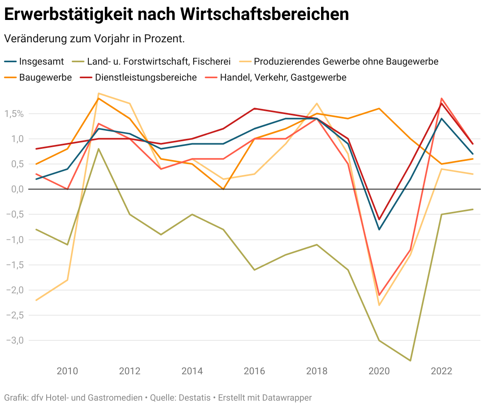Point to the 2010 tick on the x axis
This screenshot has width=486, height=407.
pyautogui.click(x=67, y=371)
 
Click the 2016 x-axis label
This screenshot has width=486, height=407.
pyautogui.click(x=254, y=371)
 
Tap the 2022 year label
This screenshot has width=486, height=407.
pyautogui.click(x=441, y=371)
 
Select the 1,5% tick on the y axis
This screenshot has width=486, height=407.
pyautogui.click(x=14, y=114)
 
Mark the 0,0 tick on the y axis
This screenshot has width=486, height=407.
pyautogui.click(x=15, y=189)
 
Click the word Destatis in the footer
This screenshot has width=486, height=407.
pyautogui.click(x=194, y=398)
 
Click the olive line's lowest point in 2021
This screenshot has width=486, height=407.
pyautogui.click(x=410, y=361)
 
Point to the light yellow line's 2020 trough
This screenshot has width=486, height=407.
pyautogui.click(x=379, y=305)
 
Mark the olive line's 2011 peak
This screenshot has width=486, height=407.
pyautogui.click(x=98, y=149)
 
